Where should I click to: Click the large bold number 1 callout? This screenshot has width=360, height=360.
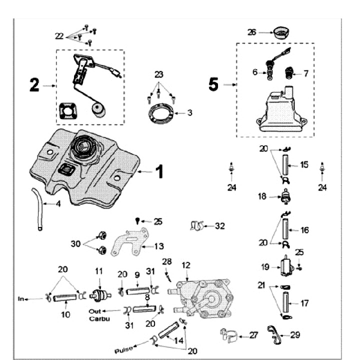[158, 171]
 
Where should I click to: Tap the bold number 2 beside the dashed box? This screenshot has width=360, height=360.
[34, 85]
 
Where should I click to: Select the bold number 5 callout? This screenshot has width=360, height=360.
[213, 84]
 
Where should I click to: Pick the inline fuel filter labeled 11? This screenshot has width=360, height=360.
[100, 293]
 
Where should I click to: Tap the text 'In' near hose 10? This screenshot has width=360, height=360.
[21, 299]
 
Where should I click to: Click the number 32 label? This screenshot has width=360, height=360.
[220, 225]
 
